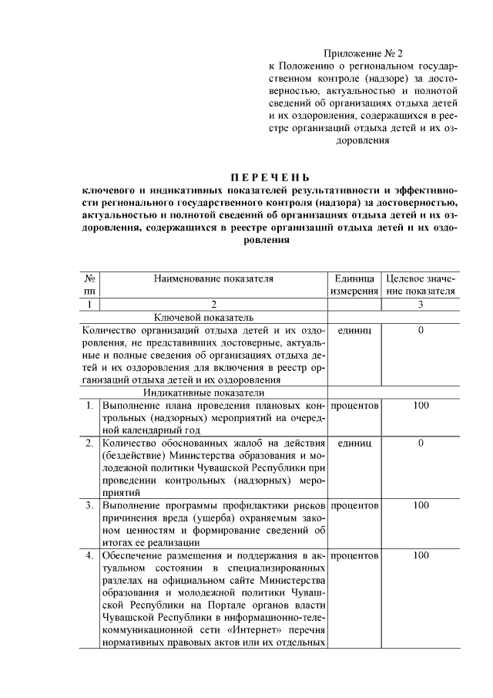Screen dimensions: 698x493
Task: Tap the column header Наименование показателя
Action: point(213,278)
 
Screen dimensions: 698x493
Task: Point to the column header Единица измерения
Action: point(354,285)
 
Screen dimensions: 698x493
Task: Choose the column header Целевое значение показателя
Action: point(421,285)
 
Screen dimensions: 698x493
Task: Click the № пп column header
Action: point(90,285)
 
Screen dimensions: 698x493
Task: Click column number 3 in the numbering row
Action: point(421,305)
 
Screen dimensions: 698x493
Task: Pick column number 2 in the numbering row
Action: point(213,305)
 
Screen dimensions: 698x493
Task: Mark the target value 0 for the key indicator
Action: point(421,330)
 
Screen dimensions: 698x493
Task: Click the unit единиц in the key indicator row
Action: point(354,330)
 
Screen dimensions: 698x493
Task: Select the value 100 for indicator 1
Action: point(421,405)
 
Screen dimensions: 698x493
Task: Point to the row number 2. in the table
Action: point(90,443)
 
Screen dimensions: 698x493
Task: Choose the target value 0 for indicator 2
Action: point(421,443)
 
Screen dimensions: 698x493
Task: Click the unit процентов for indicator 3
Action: point(354,505)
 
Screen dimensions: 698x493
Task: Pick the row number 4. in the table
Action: point(90,555)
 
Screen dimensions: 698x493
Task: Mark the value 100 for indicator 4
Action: point(421,555)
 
